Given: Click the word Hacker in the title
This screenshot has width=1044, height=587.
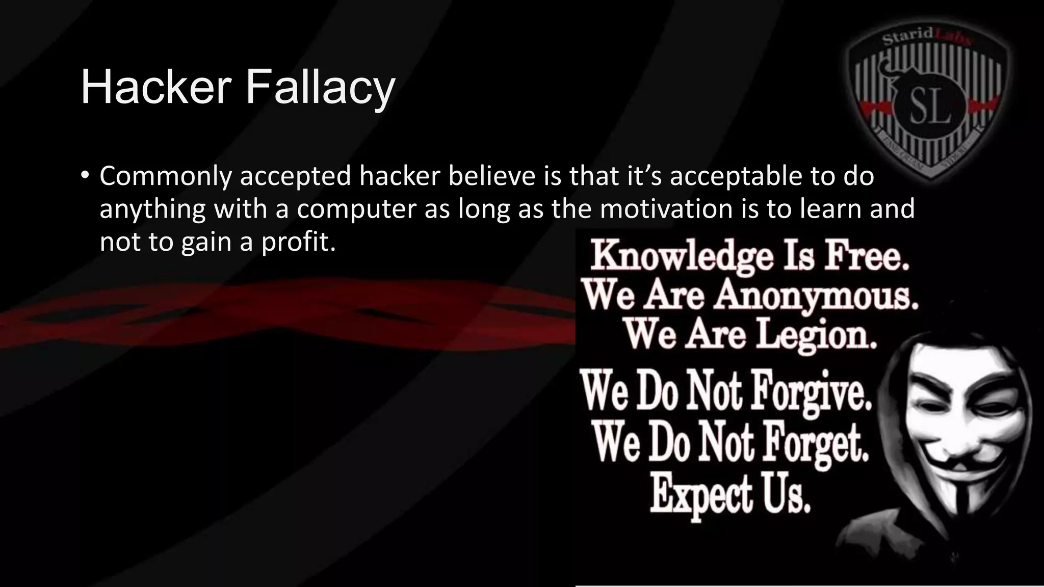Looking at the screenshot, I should click(x=156, y=87).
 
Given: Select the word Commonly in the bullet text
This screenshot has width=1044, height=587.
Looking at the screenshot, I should click(x=165, y=177).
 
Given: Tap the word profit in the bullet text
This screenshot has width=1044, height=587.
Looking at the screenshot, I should click(x=298, y=242).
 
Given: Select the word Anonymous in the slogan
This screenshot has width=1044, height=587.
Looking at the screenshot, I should click(x=816, y=296).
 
